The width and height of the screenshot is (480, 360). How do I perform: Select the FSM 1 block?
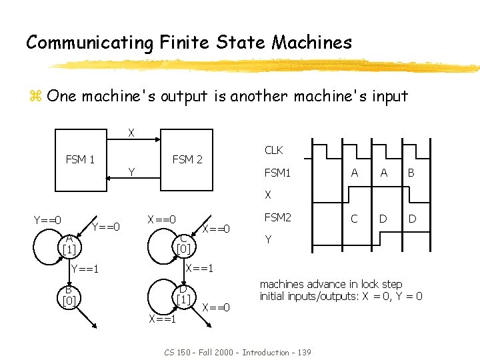point(80,159)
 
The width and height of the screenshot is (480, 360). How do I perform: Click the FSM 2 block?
point(187,159)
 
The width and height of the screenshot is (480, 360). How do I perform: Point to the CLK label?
point(273,151)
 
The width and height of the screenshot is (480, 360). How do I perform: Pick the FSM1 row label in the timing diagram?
point(277,173)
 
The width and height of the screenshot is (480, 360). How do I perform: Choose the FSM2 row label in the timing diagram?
point(277,217)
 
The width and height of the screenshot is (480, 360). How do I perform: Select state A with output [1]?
point(69,244)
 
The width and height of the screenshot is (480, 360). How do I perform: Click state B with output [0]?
point(69,295)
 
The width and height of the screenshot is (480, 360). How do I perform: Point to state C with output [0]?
point(182,244)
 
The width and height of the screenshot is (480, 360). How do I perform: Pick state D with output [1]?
point(182,295)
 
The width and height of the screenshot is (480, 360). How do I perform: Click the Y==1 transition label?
point(85,269)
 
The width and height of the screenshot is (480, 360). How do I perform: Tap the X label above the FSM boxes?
point(131,133)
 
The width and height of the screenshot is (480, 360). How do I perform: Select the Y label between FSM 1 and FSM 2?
point(131,173)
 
